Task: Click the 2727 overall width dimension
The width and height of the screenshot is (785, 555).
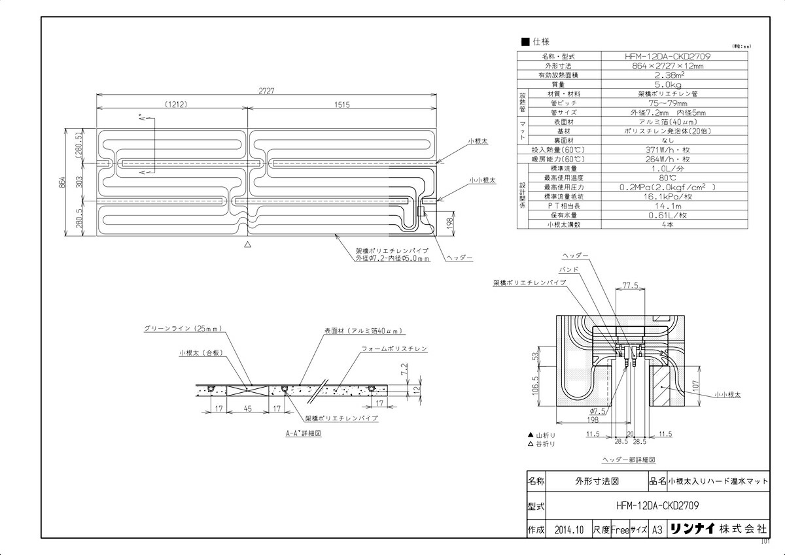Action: [x=267, y=92]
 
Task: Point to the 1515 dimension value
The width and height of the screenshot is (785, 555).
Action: [x=341, y=104]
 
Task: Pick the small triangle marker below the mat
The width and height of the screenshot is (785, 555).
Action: [x=247, y=245]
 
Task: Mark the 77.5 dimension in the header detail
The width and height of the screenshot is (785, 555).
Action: [x=630, y=286]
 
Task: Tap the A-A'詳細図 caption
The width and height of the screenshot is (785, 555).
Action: [x=303, y=433]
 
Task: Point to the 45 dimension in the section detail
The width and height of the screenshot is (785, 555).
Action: [x=248, y=409]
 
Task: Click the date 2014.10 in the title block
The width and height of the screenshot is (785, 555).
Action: [x=568, y=530]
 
